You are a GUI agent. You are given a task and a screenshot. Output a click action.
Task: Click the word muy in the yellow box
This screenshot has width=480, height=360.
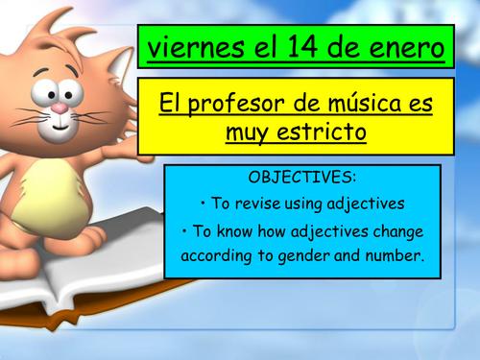click(x=248, y=132)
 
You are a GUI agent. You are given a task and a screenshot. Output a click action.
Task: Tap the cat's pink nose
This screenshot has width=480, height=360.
click(x=59, y=108)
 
